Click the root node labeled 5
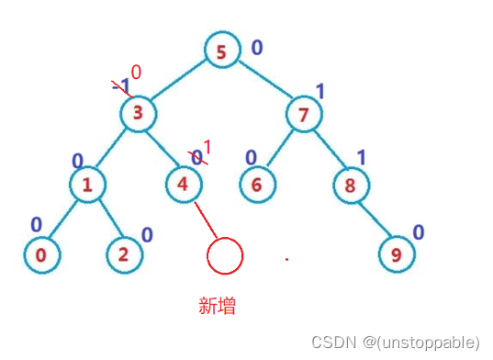[221, 52]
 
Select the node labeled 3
[139, 114]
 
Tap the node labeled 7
[304, 115]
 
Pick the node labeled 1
[88, 184]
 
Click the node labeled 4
[184, 184]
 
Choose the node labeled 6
[257, 184]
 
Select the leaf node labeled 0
[40, 254]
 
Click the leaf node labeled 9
[397, 254]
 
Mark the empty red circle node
[225, 254]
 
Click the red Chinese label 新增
[218, 306]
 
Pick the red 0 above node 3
[136, 73]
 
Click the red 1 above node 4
[206, 147]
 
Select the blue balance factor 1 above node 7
[320, 90]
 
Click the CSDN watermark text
[395, 343]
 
